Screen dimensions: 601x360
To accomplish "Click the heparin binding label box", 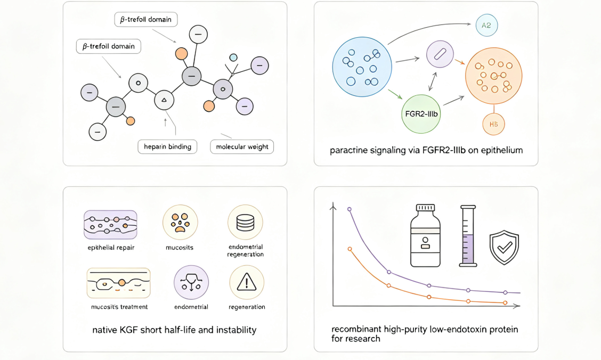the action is pyautogui.click(x=167, y=146).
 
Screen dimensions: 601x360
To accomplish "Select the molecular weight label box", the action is pyautogui.click(x=242, y=146).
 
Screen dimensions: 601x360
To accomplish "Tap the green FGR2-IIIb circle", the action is pyautogui.click(x=421, y=114).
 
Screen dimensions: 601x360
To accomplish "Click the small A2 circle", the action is pyautogui.click(x=486, y=25).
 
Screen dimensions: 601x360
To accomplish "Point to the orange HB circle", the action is pyautogui.click(x=493, y=124).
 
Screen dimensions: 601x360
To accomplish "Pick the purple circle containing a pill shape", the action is pyautogui.click(x=440, y=54).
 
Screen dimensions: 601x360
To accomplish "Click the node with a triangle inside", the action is pyautogui.click(x=164, y=100).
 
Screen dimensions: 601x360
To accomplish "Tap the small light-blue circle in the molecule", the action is pyautogui.click(x=233, y=58).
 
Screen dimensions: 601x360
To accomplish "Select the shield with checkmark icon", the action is pyautogui.click(x=504, y=248).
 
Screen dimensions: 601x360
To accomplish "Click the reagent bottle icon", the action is pyautogui.click(x=425, y=235).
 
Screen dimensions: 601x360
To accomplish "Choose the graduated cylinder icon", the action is pyautogui.click(x=468, y=236).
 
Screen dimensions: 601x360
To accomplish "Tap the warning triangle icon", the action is pyautogui.click(x=247, y=283).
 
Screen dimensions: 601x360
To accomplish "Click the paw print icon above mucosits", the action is pyautogui.click(x=180, y=222).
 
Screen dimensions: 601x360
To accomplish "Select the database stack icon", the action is pyautogui.click(x=245, y=222).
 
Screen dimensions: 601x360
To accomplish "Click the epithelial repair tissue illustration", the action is pyautogui.click(x=110, y=225).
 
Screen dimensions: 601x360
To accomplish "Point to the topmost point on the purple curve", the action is pyautogui.click(x=349, y=209).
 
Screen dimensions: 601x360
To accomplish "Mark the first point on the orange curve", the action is pyautogui.click(x=350, y=249).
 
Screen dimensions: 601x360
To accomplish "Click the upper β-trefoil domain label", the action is pyautogui.click(x=146, y=20).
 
